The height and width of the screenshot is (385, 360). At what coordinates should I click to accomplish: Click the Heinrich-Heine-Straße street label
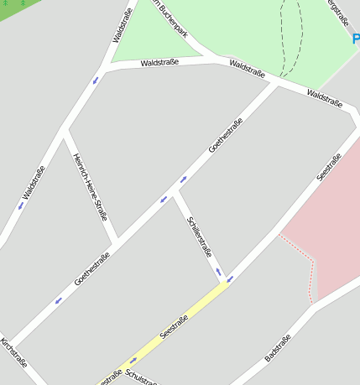(x=90, y=186)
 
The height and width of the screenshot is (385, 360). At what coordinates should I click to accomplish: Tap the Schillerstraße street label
(x=200, y=236)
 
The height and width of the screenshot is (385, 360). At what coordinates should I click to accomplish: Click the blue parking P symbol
(x=356, y=39)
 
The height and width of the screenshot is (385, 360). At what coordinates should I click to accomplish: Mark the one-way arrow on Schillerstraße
(x=218, y=271)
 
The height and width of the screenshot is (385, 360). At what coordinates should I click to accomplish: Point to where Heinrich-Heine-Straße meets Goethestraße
(x=117, y=242)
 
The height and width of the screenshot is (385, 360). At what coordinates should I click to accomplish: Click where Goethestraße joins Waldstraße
(x=278, y=83)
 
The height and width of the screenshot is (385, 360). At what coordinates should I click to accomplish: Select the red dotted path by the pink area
(x=311, y=268)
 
